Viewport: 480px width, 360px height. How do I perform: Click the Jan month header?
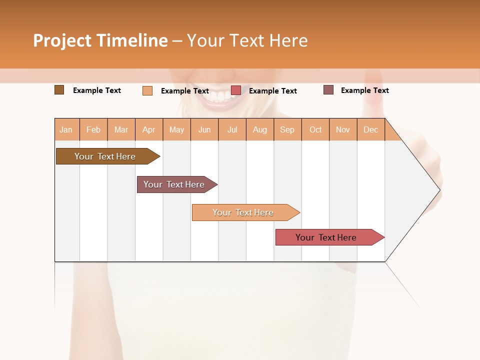(66, 129)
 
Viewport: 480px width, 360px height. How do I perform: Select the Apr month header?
(148, 129)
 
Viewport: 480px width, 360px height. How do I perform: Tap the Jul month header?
(232, 129)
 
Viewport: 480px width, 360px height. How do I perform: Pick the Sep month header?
(287, 129)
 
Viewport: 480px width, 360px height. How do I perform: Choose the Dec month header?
(370, 129)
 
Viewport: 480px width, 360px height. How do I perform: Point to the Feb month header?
(93, 129)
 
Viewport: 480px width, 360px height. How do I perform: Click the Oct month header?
(315, 129)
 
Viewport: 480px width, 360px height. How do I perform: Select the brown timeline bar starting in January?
(105, 156)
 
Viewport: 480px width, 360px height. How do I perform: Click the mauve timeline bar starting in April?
(174, 184)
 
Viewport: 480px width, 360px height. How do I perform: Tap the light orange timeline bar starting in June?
(243, 212)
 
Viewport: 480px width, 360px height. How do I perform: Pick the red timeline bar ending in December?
(326, 237)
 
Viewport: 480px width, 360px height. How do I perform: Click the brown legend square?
(59, 90)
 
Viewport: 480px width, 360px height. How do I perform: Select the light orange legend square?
(147, 90)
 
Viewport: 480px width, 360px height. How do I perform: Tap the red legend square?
(236, 90)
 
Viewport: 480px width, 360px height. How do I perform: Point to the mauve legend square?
(328, 90)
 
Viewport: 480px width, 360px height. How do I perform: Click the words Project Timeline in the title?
(100, 40)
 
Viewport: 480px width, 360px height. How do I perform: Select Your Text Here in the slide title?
(247, 40)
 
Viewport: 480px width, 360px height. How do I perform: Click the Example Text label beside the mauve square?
(364, 90)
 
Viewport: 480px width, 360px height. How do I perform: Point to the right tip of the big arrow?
(439, 190)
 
